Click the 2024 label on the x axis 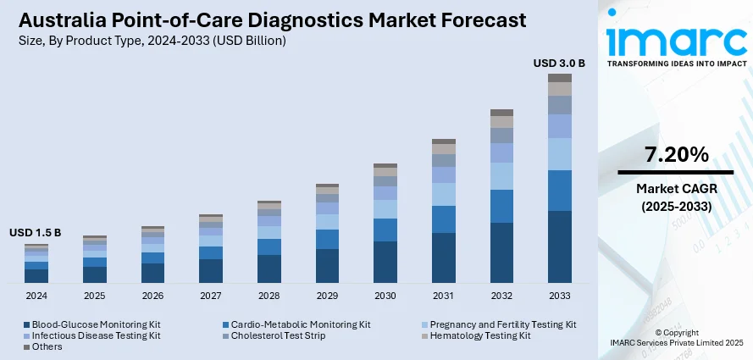(36, 296)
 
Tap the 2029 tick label (327, 296)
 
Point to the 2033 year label (559, 296)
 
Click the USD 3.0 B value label (559, 63)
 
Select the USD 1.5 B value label (36, 233)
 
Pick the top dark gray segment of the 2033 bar (559, 78)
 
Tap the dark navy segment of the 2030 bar (385, 261)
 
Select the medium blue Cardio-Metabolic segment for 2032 (501, 206)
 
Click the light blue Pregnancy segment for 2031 (444, 194)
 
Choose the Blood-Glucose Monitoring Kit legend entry (91, 324)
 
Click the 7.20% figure (676, 155)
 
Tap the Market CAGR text (676, 188)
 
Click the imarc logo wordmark (676, 40)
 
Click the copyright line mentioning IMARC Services (676, 341)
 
